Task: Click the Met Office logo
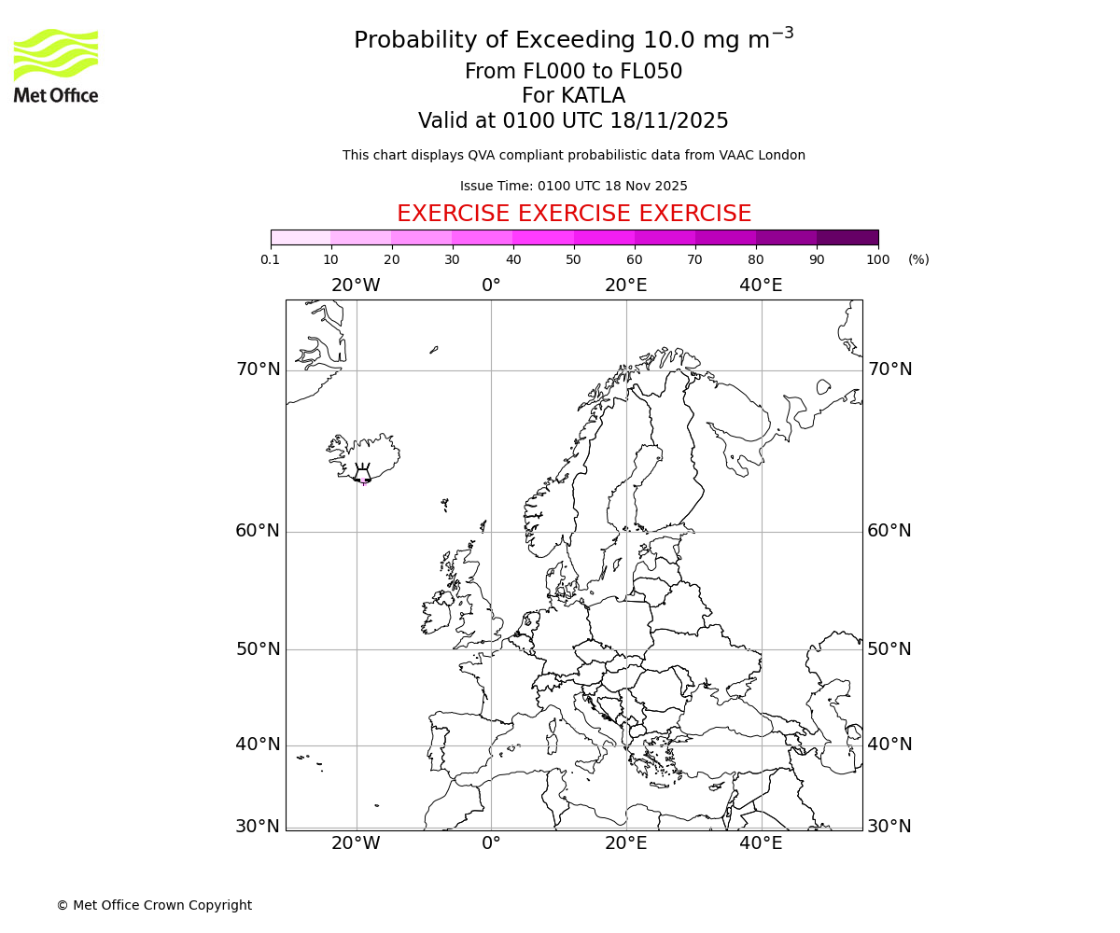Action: pyautogui.click(x=56, y=65)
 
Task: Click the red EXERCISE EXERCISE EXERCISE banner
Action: pyautogui.click(x=573, y=214)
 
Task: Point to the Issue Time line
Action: pyautogui.click(x=573, y=186)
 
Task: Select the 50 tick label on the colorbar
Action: pyautogui.click(x=573, y=259)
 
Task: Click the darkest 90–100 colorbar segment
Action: pyautogui.click(x=847, y=237)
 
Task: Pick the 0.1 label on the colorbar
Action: pyautogui.click(x=271, y=259)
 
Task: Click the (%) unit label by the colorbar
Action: pyautogui.click(x=918, y=259)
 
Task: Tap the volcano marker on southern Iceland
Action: pyautogui.click(x=362, y=475)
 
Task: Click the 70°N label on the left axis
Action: pyautogui.click(x=258, y=369)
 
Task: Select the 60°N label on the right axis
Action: pyautogui.click(x=889, y=531)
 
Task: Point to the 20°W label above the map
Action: pyautogui.click(x=356, y=285)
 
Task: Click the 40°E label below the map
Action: pyautogui.click(x=761, y=843)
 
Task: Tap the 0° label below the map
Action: pyautogui.click(x=491, y=843)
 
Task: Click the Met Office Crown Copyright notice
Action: pyautogui.click(x=154, y=905)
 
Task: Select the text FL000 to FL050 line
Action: pyautogui.click(x=573, y=72)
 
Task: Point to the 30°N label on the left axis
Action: pyautogui.click(x=258, y=827)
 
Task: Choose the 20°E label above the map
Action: pyautogui.click(x=625, y=285)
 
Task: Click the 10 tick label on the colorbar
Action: pyautogui.click(x=331, y=259)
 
